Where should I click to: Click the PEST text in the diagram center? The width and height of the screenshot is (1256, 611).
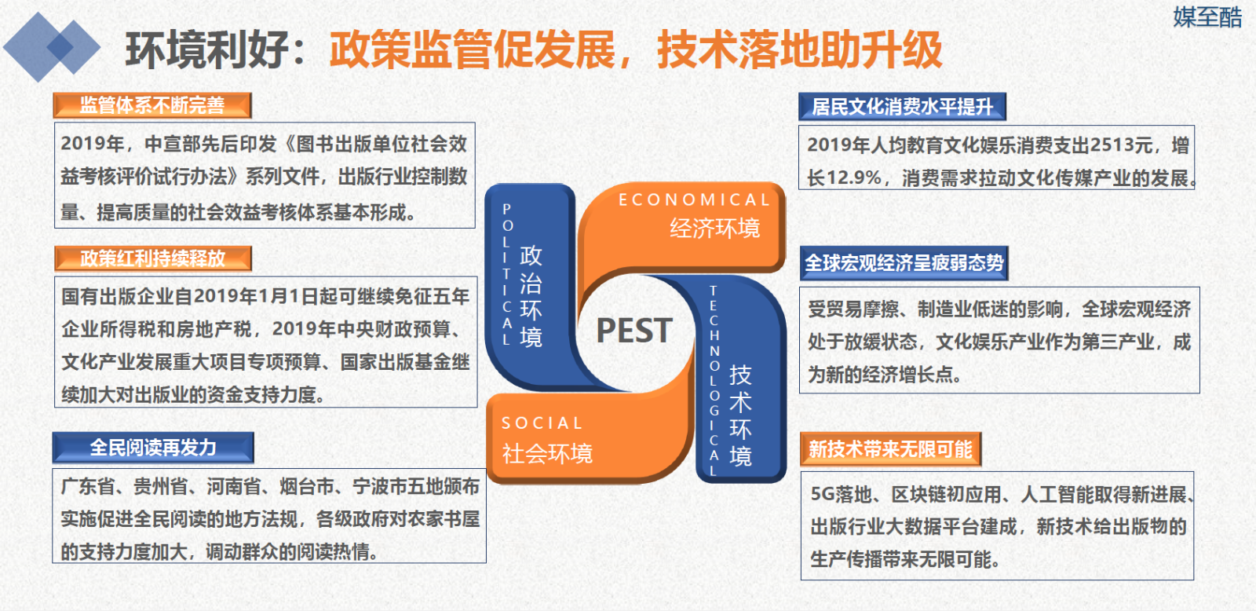[x=634, y=330]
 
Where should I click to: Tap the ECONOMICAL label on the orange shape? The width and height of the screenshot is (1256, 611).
[x=694, y=199]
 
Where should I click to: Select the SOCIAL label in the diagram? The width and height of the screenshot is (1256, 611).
[x=542, y=423]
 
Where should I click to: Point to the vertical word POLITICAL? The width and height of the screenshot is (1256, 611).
[x=507, y=274]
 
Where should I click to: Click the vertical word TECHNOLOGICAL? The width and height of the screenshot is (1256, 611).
[x=714, y=381]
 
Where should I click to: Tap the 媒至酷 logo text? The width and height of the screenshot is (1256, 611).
[x=1207, y=16]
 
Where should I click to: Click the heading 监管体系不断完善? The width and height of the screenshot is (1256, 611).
[x=152, y=105]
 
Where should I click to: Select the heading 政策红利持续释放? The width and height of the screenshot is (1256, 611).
[x=152, y=258]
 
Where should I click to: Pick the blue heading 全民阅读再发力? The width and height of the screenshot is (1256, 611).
[x=153, y=447]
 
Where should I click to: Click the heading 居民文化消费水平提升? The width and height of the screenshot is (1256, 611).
[x=902, y=107]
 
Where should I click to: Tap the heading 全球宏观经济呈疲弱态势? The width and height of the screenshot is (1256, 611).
[x=904, y=262]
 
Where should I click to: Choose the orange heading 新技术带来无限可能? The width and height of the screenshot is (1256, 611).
[x=890, y=449]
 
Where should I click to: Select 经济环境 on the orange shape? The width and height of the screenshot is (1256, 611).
[x=715, y=229]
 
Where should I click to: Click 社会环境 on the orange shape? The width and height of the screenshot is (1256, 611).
[x=547, y=453]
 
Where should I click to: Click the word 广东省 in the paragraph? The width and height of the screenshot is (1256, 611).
[x=87, y=486]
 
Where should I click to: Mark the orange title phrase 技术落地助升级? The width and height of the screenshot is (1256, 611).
[x=800, y=50]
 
